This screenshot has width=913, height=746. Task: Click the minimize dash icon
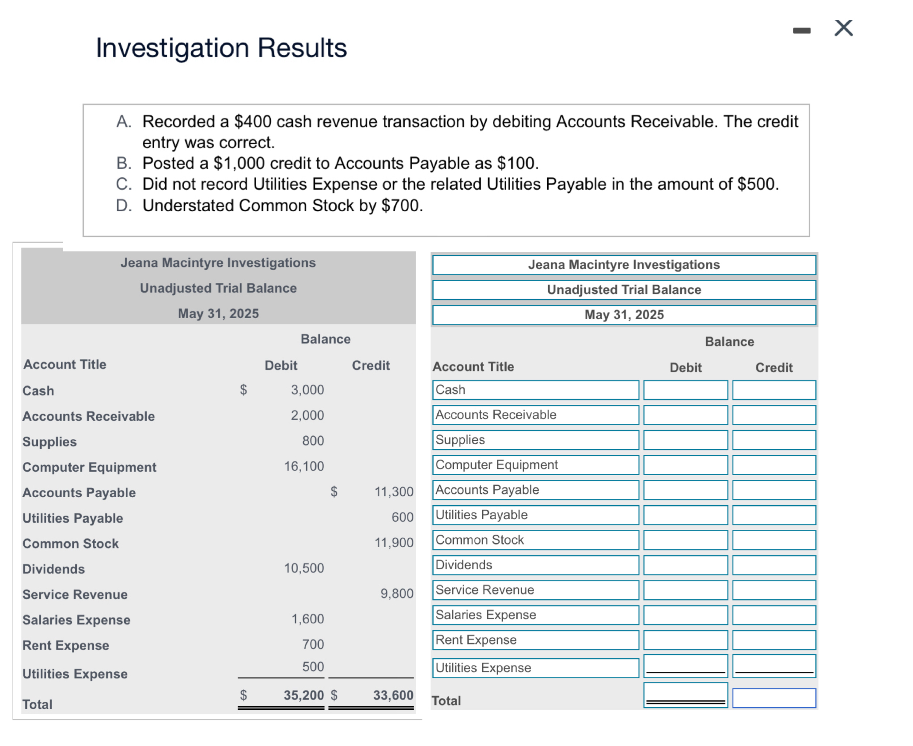[x=801, y=30]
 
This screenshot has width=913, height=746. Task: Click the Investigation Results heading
[x=221, y=48]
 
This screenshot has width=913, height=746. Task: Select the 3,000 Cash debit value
[x=307, y=390]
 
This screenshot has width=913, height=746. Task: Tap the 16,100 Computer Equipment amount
[x=304, y=466]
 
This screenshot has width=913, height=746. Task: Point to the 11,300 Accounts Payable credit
[x=394, y=491]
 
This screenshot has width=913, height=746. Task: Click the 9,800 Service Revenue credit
[x=397, y=594]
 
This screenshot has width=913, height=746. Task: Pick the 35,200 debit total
[x=303, y=695]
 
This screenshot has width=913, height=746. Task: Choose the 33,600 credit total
[x=393, y=695]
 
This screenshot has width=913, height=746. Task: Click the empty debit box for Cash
[x=685, y=390]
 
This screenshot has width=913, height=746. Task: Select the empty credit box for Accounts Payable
[x=773, y=490]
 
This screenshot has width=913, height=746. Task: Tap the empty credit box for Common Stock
[x=773, y=540]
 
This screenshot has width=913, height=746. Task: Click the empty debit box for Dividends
[x=685, y=565]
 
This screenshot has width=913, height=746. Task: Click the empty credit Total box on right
[x=773, y=698]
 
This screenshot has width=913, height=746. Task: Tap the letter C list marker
[x=123, y=184]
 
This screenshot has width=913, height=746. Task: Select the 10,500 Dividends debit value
[x=304, y=568]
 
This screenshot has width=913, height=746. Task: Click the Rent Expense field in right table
[x=535, y=640]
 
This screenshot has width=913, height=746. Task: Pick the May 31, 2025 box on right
[x=624, y=315]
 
